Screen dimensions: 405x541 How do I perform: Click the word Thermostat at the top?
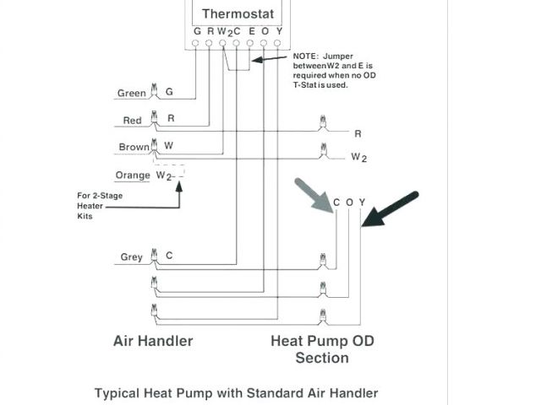click(x=238, y=13)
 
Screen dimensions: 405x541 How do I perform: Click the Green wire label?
click(x=131, y=93)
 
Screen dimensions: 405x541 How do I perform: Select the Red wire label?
click(x=132, y=121)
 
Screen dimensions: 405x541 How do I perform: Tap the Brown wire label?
click(x=134, y=147)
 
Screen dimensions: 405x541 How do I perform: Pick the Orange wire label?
click(x=133, y=175)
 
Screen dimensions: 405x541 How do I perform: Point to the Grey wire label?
click(x=131, y=256)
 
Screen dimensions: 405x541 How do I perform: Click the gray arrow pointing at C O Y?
click(x=314, y=195)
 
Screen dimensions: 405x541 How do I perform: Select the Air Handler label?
click(x=153, y=341)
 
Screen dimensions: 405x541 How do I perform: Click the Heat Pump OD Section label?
click(x=322, y=349)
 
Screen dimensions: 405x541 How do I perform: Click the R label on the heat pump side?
click(x=358, y=133)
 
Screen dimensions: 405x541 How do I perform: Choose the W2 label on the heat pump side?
click(x=358, y=157)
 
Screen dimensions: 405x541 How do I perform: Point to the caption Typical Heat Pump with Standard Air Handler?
click(x=236, y=392)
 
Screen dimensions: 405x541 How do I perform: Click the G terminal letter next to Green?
click(x=169, y=92)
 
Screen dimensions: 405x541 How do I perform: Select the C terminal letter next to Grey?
click(x=169, y=256)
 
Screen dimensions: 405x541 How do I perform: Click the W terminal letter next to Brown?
click(x=169, y=146)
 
